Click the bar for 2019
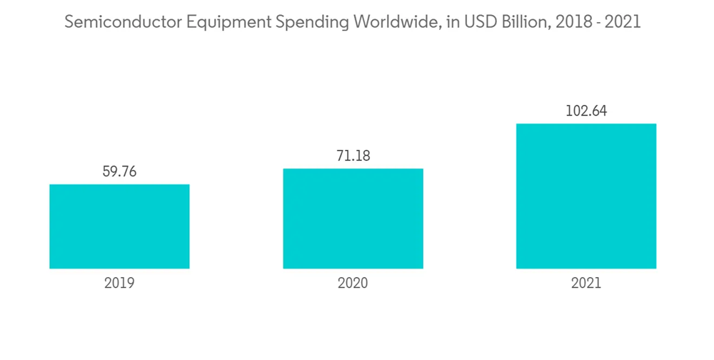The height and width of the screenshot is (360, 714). pyautogui.click(x=119, y=226)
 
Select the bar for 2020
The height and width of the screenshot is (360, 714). pyautogui.click(x=353, y=219)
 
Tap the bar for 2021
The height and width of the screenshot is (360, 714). pyautogui.click(x=586, y=196)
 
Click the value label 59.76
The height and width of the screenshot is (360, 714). pyautogui.click(x=119, y=171)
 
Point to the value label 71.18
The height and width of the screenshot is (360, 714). pyautogui.click(x=353, y=156)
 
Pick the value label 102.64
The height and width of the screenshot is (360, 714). pyautogui.click(x=586, y=111)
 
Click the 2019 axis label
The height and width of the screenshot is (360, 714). pyautogui.click(x=119, y=283)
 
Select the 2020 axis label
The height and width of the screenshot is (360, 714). pyautogui.click(x=353, y=283)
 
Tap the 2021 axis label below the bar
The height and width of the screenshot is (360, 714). pyautogui.click(x=586, y=283)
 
